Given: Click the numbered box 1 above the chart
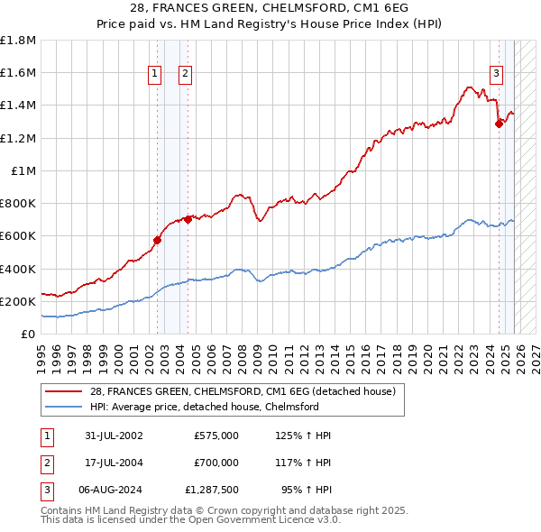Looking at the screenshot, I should coord(155,75).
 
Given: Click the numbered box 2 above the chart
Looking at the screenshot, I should coord(185,75).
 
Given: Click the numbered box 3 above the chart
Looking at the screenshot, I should coord(496,75).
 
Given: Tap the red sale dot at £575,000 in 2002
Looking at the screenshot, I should coord(157,240).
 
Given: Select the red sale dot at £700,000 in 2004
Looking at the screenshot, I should coord(188,219).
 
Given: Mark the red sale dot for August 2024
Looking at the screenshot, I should coord(499,124).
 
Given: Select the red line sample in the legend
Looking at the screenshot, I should coord(65,391).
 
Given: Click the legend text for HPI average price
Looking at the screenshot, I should coord(204,407).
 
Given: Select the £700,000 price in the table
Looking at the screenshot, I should coord(215,463).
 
